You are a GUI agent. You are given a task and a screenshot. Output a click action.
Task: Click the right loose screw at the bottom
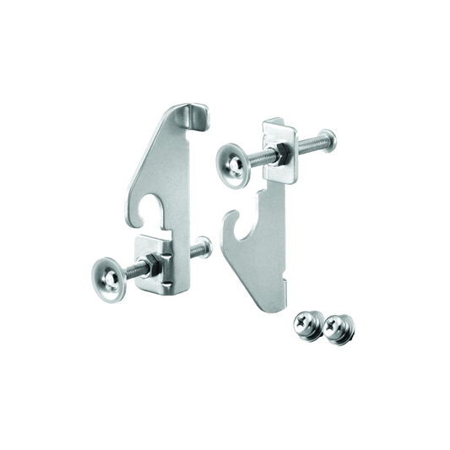click(x=340, y=327)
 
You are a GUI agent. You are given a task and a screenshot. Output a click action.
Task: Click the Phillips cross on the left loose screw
click(x=304, y=322)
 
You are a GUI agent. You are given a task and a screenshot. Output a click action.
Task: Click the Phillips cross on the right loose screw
click(x=340, y=323)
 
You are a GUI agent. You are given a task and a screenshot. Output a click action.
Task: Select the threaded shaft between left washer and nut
click(x=133, y=271)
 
